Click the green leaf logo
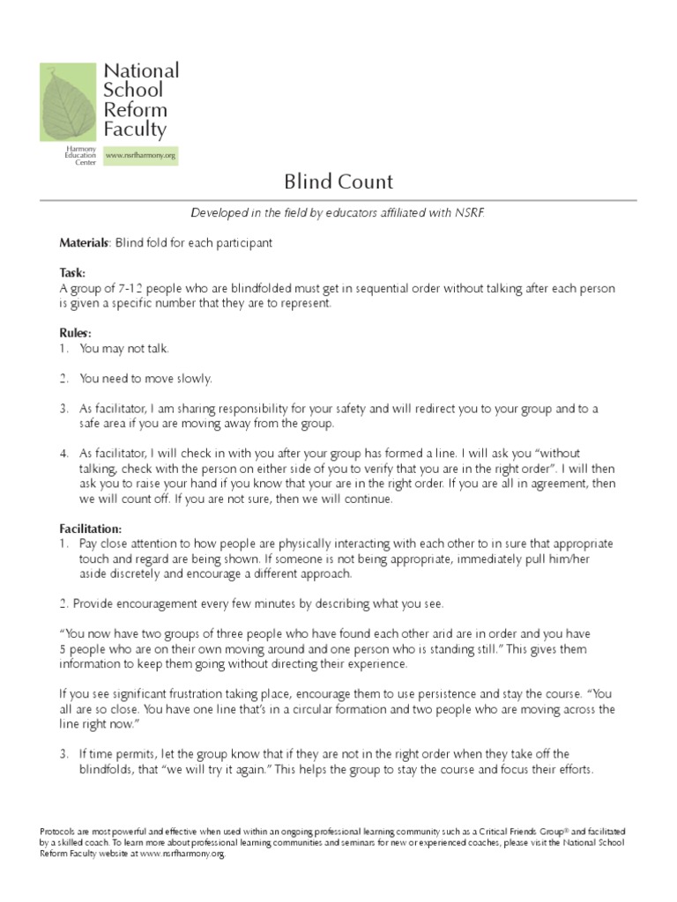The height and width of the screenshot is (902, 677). [x=67, y=101]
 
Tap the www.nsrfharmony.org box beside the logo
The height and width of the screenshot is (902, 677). [x=141, y=156]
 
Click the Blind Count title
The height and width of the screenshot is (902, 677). [x=338, y=182]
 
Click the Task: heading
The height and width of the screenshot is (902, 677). [x=72, y=273]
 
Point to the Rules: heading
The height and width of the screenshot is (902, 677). [x=75, y=333]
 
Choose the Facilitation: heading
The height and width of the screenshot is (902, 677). [x=90, y=529]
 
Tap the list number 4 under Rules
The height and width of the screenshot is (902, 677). [x=63, y=453]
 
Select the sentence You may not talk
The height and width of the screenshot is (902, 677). [x=123, y=348]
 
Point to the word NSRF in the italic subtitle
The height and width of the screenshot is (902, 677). [x=468, y=213]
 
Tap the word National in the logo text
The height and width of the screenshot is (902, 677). [x=141, y=70]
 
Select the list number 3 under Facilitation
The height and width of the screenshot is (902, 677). [x=63, y=753]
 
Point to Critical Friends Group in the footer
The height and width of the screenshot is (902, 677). [x=479, y=832]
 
